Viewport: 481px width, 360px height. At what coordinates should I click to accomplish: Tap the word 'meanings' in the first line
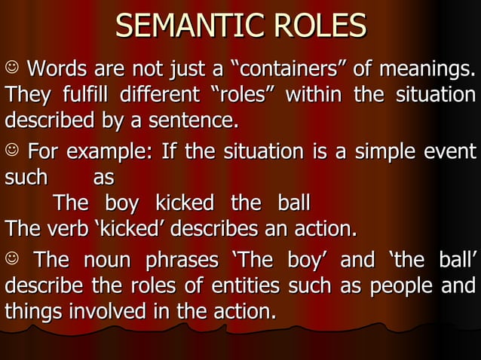[430, 72]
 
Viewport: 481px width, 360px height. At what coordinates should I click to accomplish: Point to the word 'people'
[399, 287]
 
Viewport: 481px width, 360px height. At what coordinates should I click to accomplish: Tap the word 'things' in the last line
[29, 310]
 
